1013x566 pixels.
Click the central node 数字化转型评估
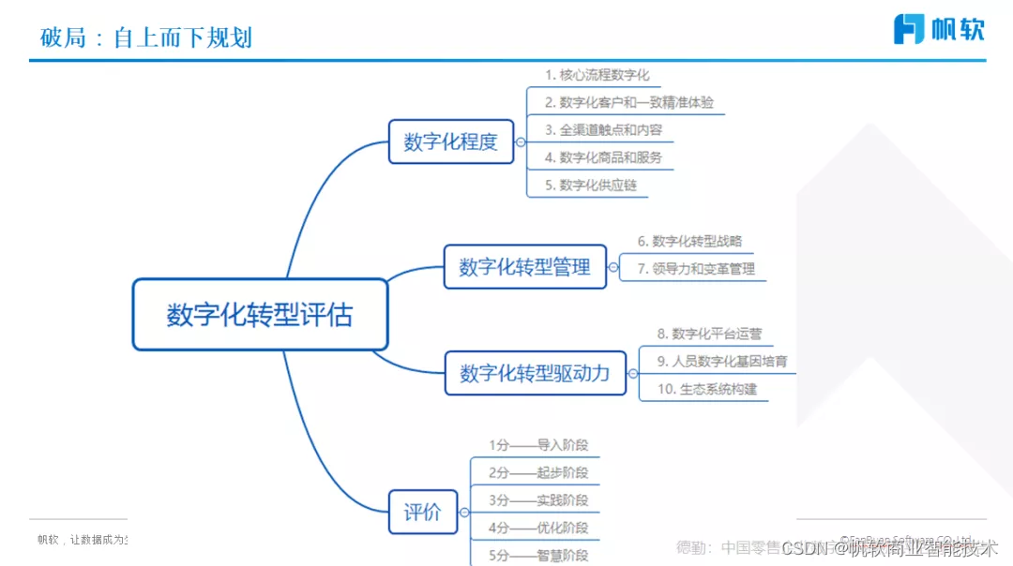pos(260,314)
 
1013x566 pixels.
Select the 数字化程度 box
pos(451,141)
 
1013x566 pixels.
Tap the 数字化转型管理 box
pos(524,267)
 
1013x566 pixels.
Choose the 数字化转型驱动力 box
pos(535,373)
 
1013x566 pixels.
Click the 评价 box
pos(422,513)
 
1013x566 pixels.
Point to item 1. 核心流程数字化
pos(597,75)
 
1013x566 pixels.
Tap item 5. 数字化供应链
pos(591,185)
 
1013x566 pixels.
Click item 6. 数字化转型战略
pos(689,241)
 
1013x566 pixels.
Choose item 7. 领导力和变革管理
pos(696,269)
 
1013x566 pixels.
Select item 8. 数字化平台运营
pos(703,334)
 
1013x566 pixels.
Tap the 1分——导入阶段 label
pos(538,445)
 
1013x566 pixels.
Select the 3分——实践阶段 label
pos(538,500)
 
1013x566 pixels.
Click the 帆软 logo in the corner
pos(938,29)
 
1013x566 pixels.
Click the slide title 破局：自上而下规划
pos(146,37)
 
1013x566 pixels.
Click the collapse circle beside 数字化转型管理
pos(613,268)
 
